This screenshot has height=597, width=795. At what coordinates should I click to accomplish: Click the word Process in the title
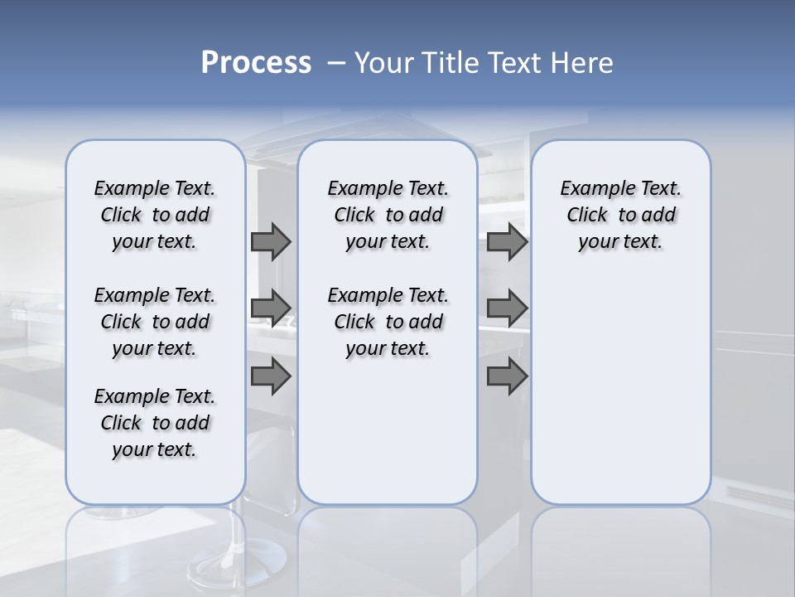pyautogui.click(x=256, y=63)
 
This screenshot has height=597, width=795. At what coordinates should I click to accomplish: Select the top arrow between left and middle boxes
pyautogui.click(x=271, y=242)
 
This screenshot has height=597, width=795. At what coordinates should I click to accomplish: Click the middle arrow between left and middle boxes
pyautogui.click(x=271, y=308)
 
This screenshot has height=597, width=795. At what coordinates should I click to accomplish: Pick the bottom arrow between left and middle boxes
pyautogui.click(x=271, y=376)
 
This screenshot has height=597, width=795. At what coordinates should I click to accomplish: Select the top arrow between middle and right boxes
pyautogui.click(x=507, y=242)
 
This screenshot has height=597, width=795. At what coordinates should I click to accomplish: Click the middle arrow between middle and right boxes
pyautogui.click(x=507, y=308)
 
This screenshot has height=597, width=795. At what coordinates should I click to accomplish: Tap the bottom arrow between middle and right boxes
pyautogui.click(x=507, y=376)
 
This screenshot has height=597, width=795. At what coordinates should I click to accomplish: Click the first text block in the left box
pyautogui.click(x=155, y=215)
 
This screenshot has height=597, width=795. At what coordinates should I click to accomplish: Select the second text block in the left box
pyautogui.click(x=155, y=322)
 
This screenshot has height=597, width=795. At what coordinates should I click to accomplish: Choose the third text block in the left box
pyautogui.click(x=155, y=423)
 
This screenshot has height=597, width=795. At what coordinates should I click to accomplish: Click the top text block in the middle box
pyautogui.click(x=388, y=215)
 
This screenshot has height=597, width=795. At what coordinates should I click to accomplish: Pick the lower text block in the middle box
pyautogui.click(x=388, y=322)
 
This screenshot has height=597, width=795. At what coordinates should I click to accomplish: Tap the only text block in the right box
pyautogui.click(x=621, y=215)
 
